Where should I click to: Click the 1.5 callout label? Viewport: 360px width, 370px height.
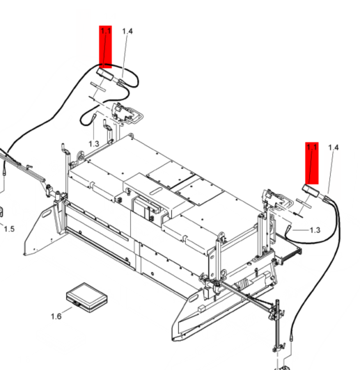(x=9, y=229)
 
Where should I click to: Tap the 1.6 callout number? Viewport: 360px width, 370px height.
(x=56, y=316)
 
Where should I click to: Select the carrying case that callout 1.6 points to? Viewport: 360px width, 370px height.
(x=87, y=298)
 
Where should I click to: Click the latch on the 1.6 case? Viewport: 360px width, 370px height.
(x=76, y=304)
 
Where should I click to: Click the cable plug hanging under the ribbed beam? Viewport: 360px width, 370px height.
(x=4, y=172)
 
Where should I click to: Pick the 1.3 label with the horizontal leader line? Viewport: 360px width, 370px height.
(x=315, y=230)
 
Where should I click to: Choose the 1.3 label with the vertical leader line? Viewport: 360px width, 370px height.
(x=94, y=144)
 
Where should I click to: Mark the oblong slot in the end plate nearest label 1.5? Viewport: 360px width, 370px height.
(x=47, y=215)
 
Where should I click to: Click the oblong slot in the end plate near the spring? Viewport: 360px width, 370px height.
(x=193, y=298)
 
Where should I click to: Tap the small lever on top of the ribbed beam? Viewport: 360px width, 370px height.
(x=29, y=167)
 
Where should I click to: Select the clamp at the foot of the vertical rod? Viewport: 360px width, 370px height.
(x=278, y=348)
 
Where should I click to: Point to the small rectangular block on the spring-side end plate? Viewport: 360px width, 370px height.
(x=202, y=307)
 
